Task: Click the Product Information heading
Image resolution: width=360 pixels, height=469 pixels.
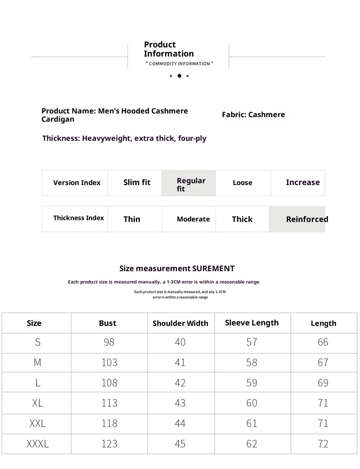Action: pyautogui.click(x=169, y=49)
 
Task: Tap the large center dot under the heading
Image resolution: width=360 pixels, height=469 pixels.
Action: pyautogui.click(x=179, y=76)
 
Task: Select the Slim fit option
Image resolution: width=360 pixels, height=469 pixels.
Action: pyautogui.click(x=137, y=183)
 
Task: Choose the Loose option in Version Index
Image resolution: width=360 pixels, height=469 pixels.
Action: pyautogui.click(x=242, y=183)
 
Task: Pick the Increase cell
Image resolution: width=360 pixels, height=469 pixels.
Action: pyautogui.click(x=303, y=183)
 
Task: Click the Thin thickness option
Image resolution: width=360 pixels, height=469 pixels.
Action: pyautogui.click(x=132, y=219)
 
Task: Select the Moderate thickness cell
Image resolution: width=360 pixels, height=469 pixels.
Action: pyautogui.click(x=193, y=219)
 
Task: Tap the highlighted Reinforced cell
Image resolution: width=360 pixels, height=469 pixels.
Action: pyautogui.click(x=307, y=219)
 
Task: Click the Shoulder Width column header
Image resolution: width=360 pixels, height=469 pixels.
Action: pyautogui.click(x=180, y=324)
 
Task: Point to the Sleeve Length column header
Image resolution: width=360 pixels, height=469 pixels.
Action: pyautogui.click(x=252, y=323)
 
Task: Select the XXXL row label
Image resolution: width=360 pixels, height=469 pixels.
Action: pyautogui.click(x=37, y=444)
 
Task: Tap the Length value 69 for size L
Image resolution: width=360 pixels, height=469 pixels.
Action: pyautogui.click(x=323, y=383)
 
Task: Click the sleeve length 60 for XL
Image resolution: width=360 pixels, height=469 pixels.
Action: pyautogui.click(x=252, y=403)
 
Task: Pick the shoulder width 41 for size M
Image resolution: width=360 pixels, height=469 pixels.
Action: pyautogui.click(x=180, y=363)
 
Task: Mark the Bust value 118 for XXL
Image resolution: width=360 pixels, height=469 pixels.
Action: pyautogui.click(x=109, y=424)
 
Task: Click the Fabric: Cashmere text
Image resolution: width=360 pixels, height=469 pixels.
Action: pyautogui.click(x=253, y=115)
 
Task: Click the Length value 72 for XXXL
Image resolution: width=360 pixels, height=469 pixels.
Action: pyautogui.click(x=323, y=444)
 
